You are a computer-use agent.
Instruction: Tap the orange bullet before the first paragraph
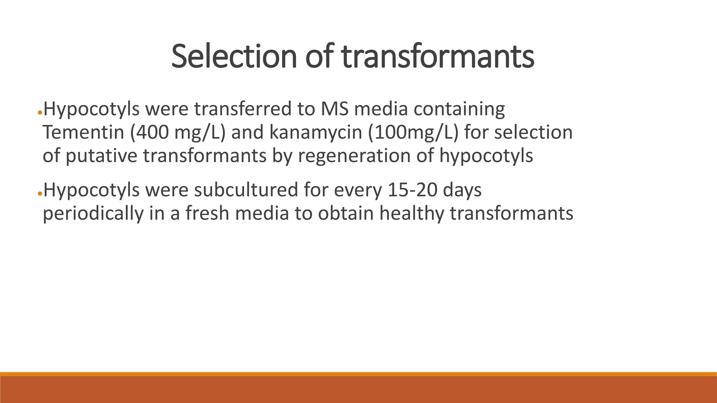click(40, 113)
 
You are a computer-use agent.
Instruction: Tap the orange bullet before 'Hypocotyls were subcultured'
click(40, 193)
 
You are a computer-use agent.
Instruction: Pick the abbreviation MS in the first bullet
click(334, 109)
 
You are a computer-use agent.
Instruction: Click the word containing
click(459, 109)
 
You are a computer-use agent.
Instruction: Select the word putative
click(101, 156)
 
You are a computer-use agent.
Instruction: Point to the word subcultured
click(245, 190)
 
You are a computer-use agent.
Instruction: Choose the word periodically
click(93, 214)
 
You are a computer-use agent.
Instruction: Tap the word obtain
click(346, 214)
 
